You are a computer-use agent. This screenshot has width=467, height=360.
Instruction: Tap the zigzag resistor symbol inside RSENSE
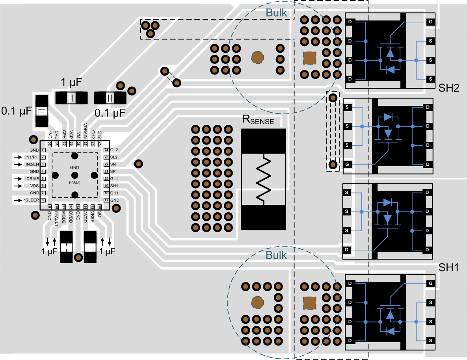pyautogui.click(x=263, y=179)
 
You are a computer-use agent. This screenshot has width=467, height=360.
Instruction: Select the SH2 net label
pyautogui.click(x=449, y=88)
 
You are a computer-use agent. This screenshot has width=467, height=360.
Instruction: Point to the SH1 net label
pyautogui.click(x=449, y=268)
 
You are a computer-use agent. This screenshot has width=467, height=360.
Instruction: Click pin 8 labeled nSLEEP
pyautogui.click(x=42, y=200)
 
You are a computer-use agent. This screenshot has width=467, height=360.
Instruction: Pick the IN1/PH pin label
pyautogui.click(x=32, y=157)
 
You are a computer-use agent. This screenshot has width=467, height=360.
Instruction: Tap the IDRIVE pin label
pyautogui.click(x=32, y=178)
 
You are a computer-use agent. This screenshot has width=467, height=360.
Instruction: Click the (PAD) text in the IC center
pyautogui.click(x=74, y=182)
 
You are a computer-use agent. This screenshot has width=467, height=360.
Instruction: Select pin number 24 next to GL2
pyautogui.click(x=106, y=150)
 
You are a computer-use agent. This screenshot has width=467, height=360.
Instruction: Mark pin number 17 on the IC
pyautogui.click(x=106, y=200)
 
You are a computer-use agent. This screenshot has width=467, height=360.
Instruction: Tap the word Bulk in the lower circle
pyautogui.click(x=276, y=255)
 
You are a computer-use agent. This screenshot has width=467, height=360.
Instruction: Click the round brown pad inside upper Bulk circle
pyautogui.click(x=258, y=58)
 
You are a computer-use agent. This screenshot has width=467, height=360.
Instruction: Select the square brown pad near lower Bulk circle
pyautogui.click(x=309, y=303)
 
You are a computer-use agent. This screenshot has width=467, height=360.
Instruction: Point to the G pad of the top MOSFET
pyautogui.click(x=430, y=22)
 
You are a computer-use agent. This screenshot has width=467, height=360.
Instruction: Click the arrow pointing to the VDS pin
pyautogui.click(x=18, y=186)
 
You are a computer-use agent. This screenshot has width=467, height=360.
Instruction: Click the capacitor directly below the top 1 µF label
pyautogui.click(x=71, y=97)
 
